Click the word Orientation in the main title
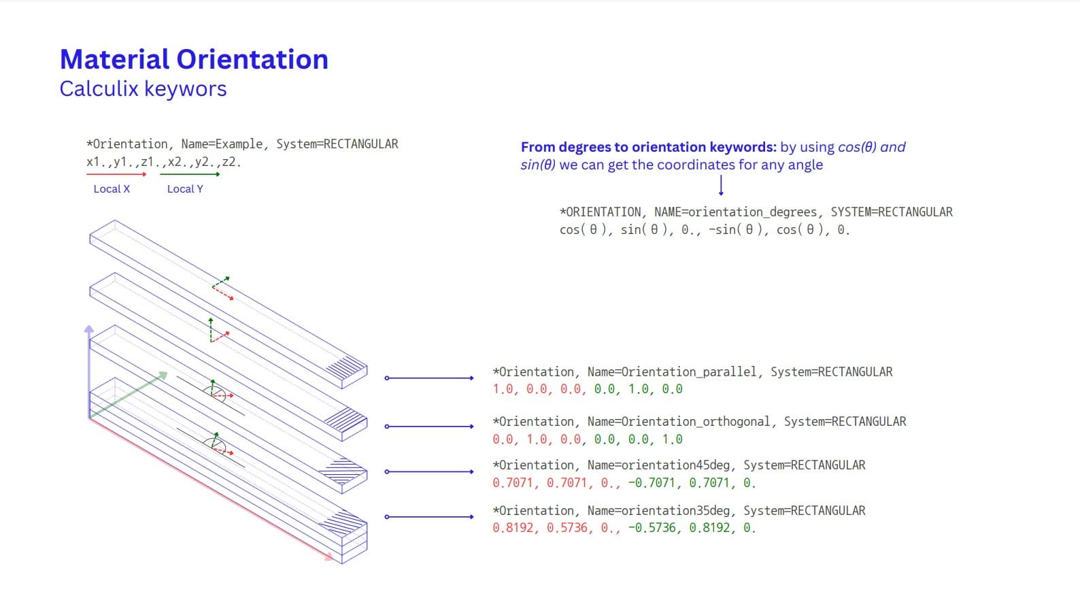[252, 59]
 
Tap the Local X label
[112, 189]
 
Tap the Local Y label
[185, 189]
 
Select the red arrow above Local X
[116, 174]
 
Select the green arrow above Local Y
[190, 174]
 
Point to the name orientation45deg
[675, 465]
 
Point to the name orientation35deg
[675, 511]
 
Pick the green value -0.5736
[652, 528]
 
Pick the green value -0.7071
[652, 483]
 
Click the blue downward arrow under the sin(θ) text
[721, 185]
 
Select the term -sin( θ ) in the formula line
[735, 230]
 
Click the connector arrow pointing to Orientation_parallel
[429, 378]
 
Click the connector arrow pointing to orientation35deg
[429, 517]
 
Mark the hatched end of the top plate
[346, 368]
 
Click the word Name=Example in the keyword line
[222, 144]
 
